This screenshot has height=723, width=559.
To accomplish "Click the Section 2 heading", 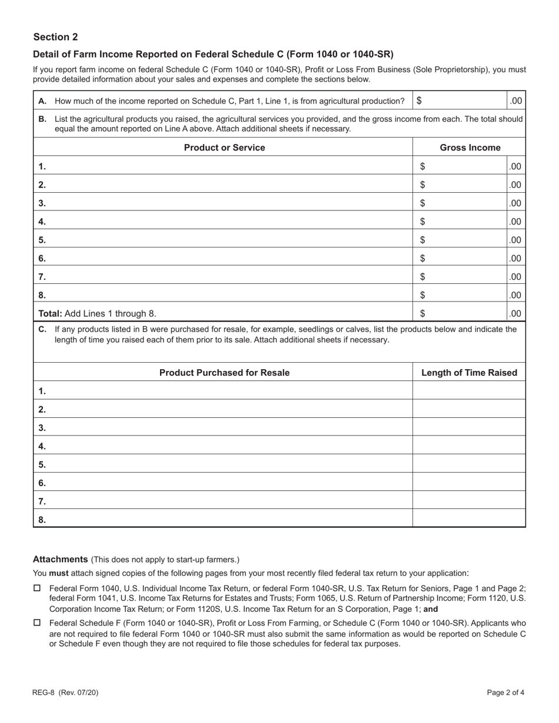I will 55,37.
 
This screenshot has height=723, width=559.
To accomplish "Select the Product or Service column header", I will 224,148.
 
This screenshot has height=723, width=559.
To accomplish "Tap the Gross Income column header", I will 470,148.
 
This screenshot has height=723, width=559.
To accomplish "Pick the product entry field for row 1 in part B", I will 229,166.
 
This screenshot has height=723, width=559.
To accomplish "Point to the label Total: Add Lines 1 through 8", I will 98,313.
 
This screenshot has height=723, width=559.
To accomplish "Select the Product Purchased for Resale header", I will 224,373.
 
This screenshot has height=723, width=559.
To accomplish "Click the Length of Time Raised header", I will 469,373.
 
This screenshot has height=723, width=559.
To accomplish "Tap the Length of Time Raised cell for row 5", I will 469,464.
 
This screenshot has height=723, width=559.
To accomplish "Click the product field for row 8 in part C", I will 229,520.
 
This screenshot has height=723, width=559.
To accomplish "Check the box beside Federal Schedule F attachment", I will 37,622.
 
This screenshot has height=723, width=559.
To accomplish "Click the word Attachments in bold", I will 60,559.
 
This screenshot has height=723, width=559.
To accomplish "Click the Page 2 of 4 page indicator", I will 505,692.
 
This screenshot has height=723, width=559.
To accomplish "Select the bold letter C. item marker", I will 42,329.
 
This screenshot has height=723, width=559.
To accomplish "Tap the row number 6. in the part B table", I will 42,258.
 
